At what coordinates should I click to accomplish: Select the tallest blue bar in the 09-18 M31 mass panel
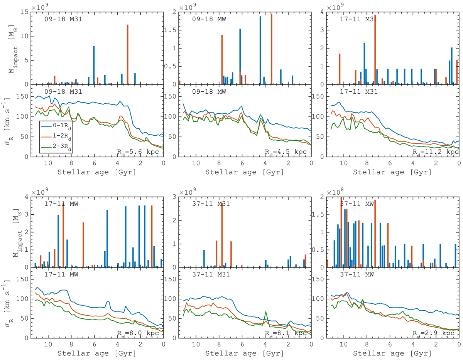(x=94, y=66)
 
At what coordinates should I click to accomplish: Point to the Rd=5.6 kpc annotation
(x=140, y=151)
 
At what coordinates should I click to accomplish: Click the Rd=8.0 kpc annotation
(x=140, y=333)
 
